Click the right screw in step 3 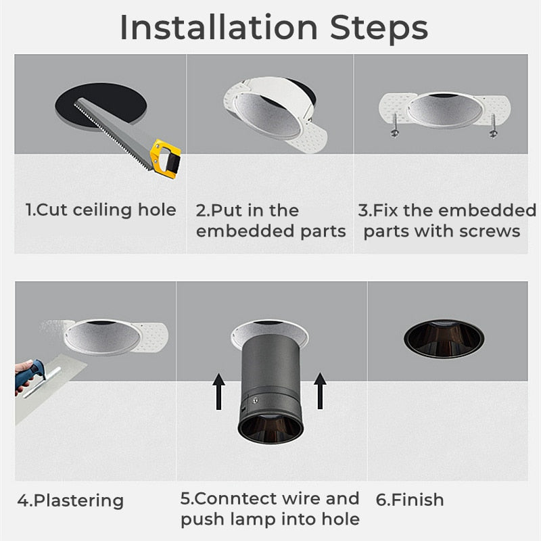tap(493, 126)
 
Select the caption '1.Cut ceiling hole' tap(101, 210)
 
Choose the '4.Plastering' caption tap(70, 501)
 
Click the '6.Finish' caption tap(410, 500)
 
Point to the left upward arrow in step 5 tap(218, 390)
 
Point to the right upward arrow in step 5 tap(320, 390)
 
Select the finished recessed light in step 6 tap(444, 337)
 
